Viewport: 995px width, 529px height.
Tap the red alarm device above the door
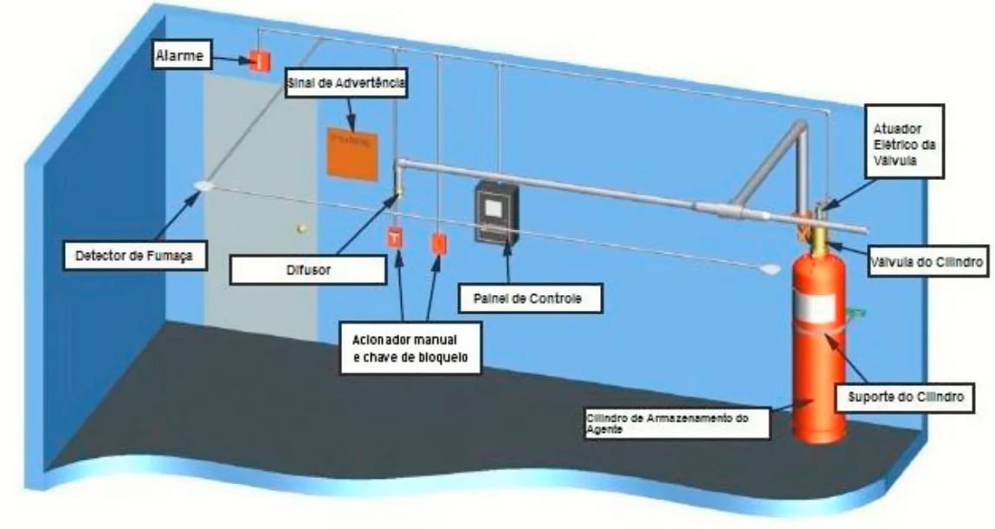(x=256, y=61)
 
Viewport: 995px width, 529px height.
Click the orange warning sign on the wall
(x=353, y=154)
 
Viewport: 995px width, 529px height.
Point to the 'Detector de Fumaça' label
(x=129, y=255)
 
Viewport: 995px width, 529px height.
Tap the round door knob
(x=300, y=229)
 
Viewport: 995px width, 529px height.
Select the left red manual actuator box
(x=395, y=236)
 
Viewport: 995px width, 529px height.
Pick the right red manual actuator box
(x=438, y=242)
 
